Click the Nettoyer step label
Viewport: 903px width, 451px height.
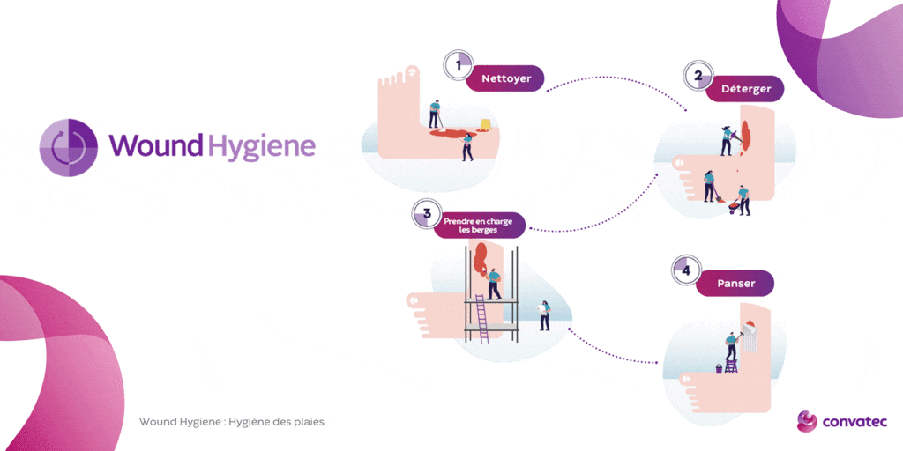click(x=505, y=78)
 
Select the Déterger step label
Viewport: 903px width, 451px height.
click(x=745, y=89)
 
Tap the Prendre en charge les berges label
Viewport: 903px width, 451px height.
click(x=479, y=225)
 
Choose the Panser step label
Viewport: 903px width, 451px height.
click(x=735, y=283)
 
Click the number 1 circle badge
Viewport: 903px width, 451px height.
click(x=459, y=65)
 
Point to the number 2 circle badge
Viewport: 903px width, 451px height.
click(x=698, y=76)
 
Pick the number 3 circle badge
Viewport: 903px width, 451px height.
click(x=427, y=213)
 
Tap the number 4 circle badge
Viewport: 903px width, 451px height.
click(x=686, y=270)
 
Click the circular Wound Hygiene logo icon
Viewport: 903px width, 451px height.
click(x=68, y=146)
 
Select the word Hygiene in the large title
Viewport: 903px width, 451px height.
click(x=261, y=146)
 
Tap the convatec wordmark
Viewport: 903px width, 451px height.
click(x=854, y=422)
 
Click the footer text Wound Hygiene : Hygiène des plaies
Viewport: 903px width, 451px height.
click(x=232, y=422)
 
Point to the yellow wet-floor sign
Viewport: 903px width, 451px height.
click(x=485, y=126)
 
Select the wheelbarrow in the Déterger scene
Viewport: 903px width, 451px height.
click(x=734, y=206)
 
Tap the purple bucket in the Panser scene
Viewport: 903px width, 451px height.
click(x=719, y=369)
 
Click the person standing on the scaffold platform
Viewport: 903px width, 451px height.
click(x=493, y=285)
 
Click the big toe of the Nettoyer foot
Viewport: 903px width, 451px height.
click(x=413, y=71)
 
